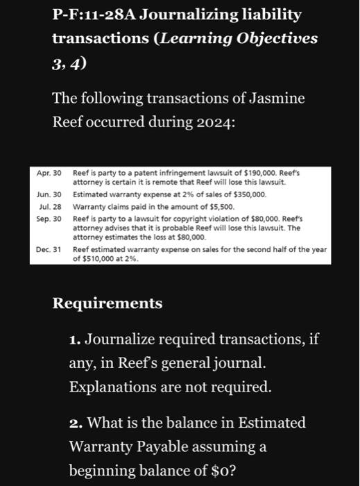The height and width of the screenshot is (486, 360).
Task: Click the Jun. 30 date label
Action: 50,196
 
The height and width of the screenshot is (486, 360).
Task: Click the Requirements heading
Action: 108,303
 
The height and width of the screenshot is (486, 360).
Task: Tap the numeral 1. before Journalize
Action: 76,340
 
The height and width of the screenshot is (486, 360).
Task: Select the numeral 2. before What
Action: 76,422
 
